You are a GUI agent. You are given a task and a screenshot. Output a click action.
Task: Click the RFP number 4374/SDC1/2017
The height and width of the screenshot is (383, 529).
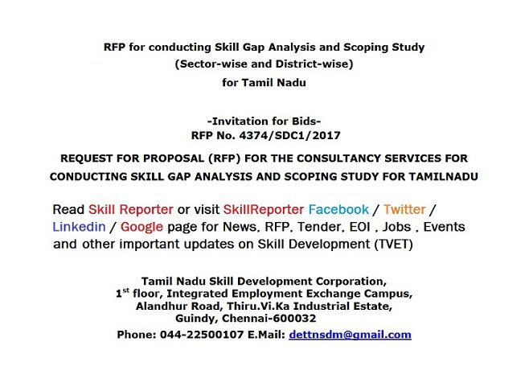click(x=289, y=135)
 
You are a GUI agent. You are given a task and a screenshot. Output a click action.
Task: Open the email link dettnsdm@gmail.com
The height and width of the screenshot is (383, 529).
click(x=351, y=335)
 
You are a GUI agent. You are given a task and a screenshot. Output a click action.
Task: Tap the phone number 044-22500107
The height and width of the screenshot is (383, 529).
click(x=202, y=335)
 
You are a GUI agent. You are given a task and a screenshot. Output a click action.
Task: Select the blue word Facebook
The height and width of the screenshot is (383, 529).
click(x=338, y=209)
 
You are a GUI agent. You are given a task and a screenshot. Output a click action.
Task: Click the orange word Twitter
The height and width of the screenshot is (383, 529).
click(x=404, y=209)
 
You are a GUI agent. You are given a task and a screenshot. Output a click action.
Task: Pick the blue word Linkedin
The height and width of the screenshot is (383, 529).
click(x=80, y=227)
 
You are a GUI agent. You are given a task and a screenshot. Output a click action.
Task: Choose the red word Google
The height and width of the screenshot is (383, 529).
click(x=141, y=227)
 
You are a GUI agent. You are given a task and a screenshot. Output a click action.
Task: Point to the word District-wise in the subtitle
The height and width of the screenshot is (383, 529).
click(x=314, y=64)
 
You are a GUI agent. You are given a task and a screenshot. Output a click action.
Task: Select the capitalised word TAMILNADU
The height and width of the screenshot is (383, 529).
click(x=443, y=177)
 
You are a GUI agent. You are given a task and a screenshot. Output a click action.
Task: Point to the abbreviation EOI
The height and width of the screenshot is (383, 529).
click(x=359, y=227)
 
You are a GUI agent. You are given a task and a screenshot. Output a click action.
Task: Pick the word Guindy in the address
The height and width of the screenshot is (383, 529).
click(x=196, y=319)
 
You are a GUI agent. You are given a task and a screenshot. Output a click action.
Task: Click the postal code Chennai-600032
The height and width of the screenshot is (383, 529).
click(x=269, y=318)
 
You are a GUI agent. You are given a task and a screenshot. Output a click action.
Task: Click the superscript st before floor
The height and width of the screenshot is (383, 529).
click(x=125, y=290)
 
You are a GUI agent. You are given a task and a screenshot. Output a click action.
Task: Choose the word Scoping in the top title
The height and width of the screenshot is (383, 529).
click(x=366, y=47)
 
